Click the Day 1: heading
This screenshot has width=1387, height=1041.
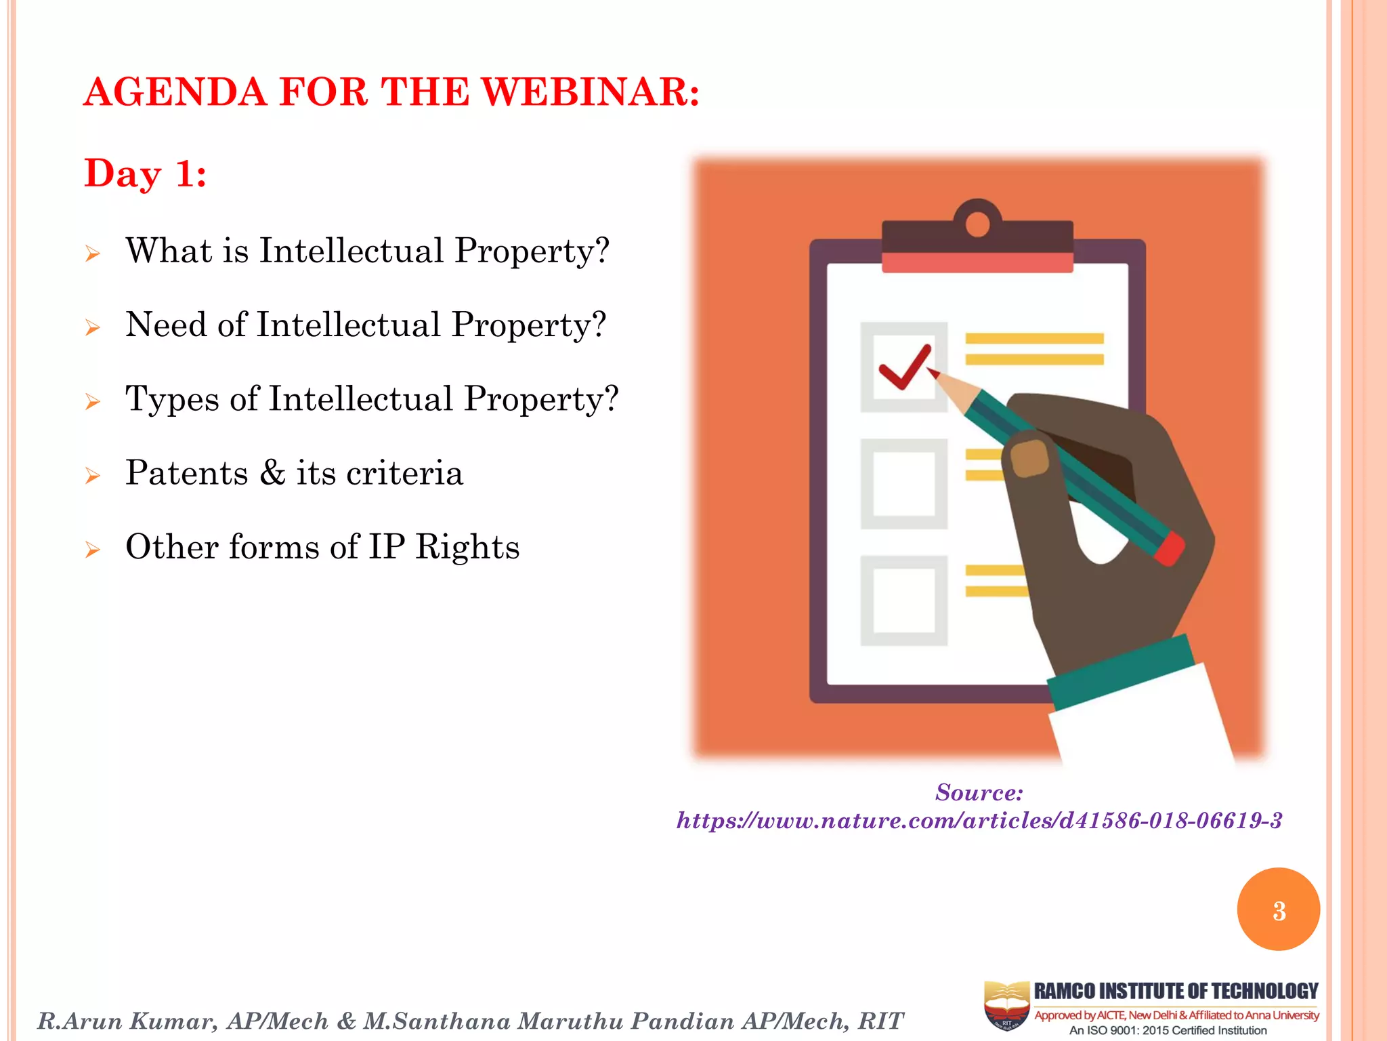145,173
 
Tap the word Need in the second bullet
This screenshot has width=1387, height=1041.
166,325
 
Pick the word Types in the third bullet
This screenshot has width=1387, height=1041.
172,399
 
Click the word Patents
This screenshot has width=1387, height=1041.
187,473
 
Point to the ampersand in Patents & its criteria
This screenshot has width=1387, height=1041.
272,473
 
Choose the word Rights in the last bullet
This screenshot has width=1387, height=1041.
467,547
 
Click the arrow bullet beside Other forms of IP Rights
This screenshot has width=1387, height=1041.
93,549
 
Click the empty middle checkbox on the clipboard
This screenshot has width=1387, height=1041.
903,484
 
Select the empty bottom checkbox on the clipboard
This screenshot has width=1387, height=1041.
903,600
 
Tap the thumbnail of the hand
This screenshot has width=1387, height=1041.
1029,459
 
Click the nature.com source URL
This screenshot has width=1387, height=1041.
979,821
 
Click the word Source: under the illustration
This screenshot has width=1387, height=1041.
979,792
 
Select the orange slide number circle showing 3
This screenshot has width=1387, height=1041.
1278,910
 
